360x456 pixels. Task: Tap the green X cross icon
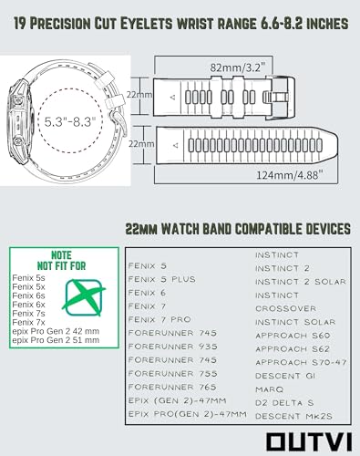click(x=84, y=297)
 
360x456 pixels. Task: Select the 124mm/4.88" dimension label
click(x=289, y=175)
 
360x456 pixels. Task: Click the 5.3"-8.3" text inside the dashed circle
click(x=70, y=121)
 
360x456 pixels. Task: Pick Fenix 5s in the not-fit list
click(x=28, y=278)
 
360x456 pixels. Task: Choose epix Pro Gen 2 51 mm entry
click(x=56, y=340)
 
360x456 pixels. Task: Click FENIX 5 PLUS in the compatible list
click(x=161, y=279)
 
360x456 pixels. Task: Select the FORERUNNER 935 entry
click(x=172, y=347)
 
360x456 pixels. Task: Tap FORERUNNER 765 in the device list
click(x=172, y=387)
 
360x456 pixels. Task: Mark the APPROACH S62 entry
click(x=293, y=349)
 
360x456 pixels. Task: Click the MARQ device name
click(x=269, y=389)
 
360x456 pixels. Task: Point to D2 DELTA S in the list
click(x=284, y=403)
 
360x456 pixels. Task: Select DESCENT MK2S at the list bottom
click(x=293, y=416)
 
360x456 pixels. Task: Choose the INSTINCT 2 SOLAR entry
click(x=301, y=282)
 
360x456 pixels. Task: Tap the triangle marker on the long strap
click(x=176, y=145)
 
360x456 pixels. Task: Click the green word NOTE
click(x=61, y=255)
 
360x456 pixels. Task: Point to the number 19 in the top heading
click(x=20, y=24)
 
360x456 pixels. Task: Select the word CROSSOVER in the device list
click(x=285, y=308)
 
